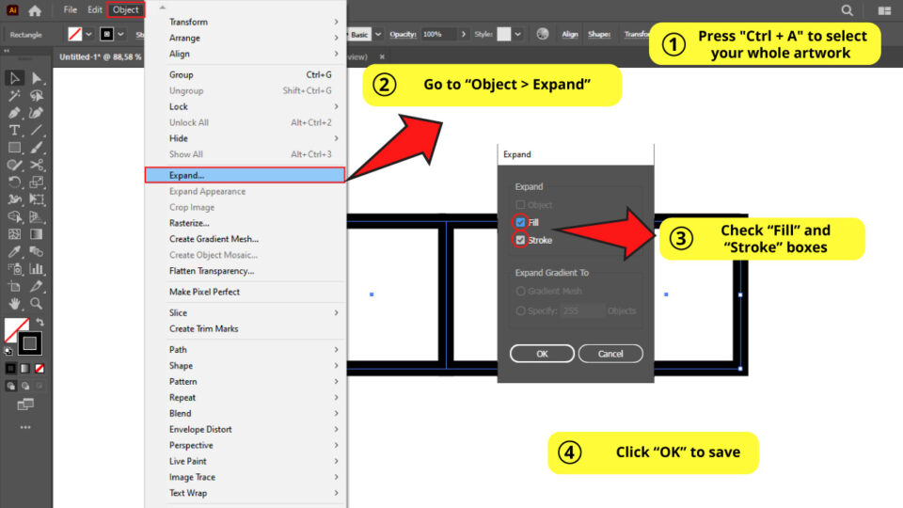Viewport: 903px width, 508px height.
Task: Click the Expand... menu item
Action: point(187,175)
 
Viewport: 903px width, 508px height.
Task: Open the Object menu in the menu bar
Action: point(126,10)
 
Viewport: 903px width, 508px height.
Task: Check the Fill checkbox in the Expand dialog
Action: point(520,222)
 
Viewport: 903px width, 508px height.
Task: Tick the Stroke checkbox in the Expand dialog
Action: point(520,240)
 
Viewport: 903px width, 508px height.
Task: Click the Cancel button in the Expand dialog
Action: point(610,354)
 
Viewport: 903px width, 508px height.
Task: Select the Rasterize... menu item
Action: point(189,223)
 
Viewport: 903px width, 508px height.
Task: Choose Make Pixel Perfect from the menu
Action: point(204,292)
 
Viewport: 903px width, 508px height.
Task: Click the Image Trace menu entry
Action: point(192,477)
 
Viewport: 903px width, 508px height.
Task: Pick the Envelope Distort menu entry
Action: point(200,429)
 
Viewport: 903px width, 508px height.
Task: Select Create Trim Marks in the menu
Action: point(203,328)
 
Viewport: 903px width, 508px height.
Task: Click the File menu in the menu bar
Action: point(71,10)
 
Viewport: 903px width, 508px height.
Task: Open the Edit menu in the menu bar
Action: point(95,10)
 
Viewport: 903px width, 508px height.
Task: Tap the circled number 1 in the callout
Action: point(673,44)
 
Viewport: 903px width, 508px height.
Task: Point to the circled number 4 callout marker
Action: point(569,452)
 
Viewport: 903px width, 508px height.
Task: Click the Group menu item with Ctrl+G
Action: point(182,74)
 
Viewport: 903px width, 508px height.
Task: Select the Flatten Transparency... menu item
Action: point(212,271)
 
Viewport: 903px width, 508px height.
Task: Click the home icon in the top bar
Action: point(35,10)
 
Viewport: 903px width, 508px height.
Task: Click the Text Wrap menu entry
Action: point(188,493)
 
